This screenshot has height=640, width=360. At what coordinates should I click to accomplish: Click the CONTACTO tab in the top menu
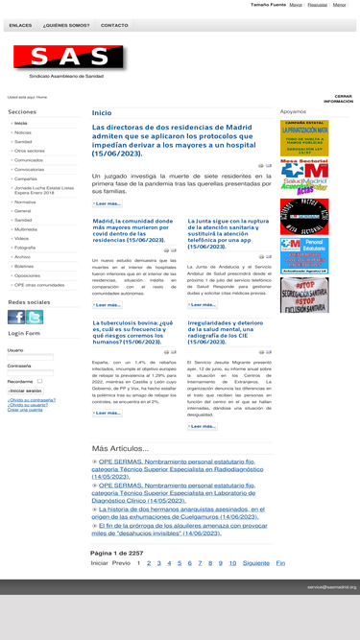[x=114, y=26]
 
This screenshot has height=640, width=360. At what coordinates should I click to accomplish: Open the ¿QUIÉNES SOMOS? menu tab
[x=66, y=26]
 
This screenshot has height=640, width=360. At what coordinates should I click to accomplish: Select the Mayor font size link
[x=296, y=5]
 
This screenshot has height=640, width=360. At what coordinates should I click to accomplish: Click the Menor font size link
[x=339, y=5]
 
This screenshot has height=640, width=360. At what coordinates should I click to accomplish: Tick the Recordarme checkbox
[x=39, y=381]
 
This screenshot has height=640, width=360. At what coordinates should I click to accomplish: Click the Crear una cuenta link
[x=25, y=410]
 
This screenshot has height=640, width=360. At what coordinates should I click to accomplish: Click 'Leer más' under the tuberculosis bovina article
[x=108, y=413]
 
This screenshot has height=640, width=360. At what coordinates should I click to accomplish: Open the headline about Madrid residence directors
[x=173, y=139]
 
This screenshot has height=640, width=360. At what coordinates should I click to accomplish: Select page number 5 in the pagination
[x=179, y=563]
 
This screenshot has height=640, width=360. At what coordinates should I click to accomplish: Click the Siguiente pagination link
[x=255, y=563]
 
